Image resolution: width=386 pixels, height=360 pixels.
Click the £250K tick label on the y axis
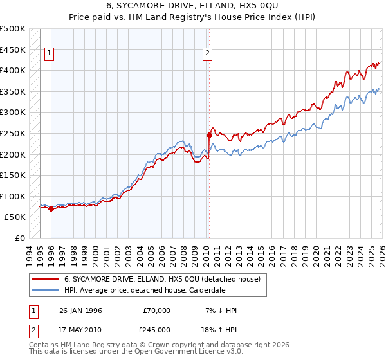pyautogui.click(x=13, y=134)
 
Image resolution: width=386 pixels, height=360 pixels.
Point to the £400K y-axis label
pyautogui.click(x=13, y=70)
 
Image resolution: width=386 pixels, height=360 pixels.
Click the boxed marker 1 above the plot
pyautogui.click(x=50, y=54)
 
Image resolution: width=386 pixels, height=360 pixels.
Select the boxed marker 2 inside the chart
pyautogui.click(x=208, y=54)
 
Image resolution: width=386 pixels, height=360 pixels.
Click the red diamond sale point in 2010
pyautogui.click(x=208, y=135)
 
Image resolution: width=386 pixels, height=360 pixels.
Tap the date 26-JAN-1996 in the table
pyautogui.click(x=80, y=310)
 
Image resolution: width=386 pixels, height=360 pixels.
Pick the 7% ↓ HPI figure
pyautogui.click(x=220, y=310)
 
